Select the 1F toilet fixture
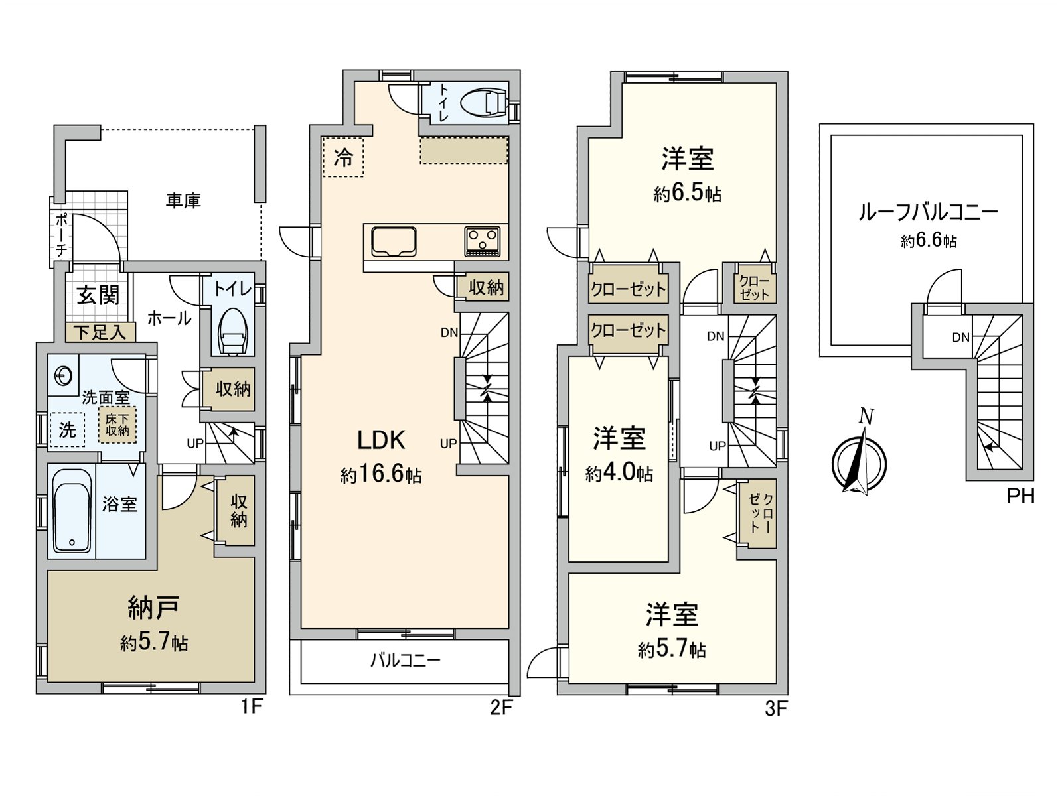click(x=234, y=332)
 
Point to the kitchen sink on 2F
click(x=394, y=241)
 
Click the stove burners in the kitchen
click(x=483, y=241)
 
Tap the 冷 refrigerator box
click(x=343, y=157)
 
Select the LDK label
click(x=381, y=440)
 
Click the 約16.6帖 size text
click(x=381, y=474)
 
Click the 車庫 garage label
click(x=183, y=200)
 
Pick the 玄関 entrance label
click(x=98, y=295)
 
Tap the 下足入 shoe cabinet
click(x=100, y=332)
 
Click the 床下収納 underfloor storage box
click(x=117, y=425)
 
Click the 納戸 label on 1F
click(x=153, y=607)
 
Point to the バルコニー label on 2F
click(x=405, y=661)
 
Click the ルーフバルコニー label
click(x=928, y=213)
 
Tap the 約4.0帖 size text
click(x=619, y=473)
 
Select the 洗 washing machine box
click(x=67, y=430)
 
